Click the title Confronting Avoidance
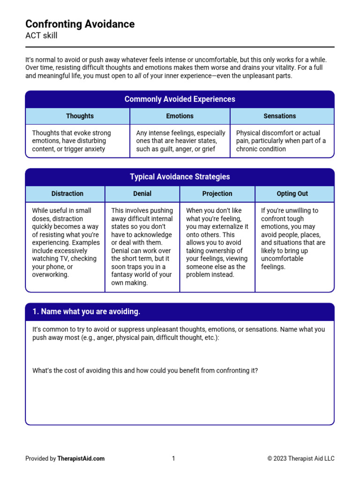(80, 24)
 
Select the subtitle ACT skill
(41, 36)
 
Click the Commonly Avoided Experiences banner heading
(180, 99)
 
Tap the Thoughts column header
(80, 116)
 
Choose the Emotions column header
(180, 116)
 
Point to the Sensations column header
(280, 116)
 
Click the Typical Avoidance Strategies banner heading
(180, 177)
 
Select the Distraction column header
(67, 194)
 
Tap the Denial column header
(142, 194)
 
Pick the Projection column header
(217, 194)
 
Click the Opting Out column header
(292, 194)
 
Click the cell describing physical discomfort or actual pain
(281, 141)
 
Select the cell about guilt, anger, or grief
(180, 141)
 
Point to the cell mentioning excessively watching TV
(66, 243)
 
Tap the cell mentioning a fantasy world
(142, 247)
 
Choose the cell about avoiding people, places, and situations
(293, 239)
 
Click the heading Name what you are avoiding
(86, 312)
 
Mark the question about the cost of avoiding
(145, 371)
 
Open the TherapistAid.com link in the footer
(81, 458)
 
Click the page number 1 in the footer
(173, 458)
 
